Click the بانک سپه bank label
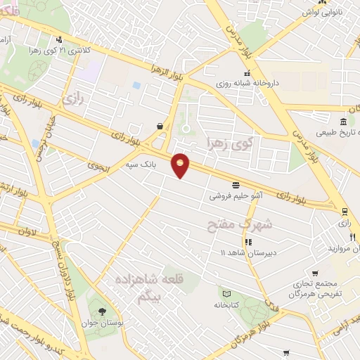139,164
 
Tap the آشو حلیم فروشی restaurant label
235,196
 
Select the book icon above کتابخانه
226,294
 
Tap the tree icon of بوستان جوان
103,311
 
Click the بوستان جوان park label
103,324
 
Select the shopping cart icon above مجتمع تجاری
316,274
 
